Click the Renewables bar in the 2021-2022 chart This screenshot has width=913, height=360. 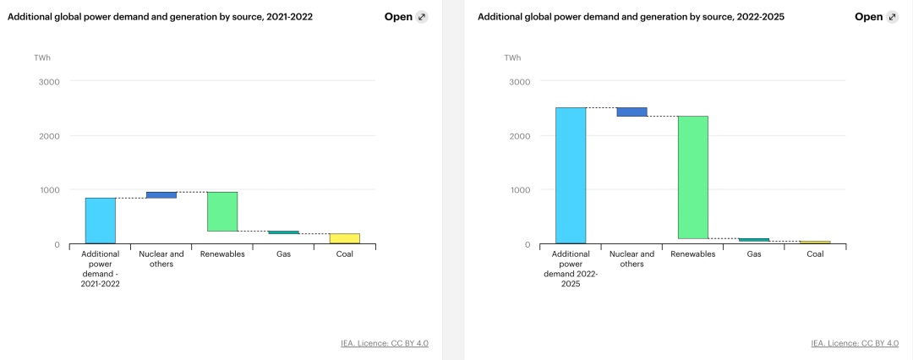coord(222,211)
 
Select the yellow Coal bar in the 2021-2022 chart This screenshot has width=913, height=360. coord(344,238)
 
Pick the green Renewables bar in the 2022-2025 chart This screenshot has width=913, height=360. coord(692,177)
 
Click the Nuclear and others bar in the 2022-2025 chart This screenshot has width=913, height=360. coord(631,112)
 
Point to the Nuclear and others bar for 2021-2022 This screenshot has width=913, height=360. coord(161,195)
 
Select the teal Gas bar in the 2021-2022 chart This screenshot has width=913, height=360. coord(283,232)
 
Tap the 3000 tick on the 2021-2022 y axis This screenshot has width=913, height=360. coord(50,82)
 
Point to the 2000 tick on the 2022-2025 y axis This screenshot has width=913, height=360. coord(520,136)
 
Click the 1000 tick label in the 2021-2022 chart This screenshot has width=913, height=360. coord(50,190)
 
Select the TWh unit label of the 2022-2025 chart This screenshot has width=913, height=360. coord(512,57)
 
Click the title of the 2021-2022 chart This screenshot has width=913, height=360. coord(160,17)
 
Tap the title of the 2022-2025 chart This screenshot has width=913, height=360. coord(631,17)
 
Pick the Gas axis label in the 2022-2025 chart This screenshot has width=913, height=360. coord(753,254)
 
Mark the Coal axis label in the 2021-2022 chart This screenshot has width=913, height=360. coord(344,254)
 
